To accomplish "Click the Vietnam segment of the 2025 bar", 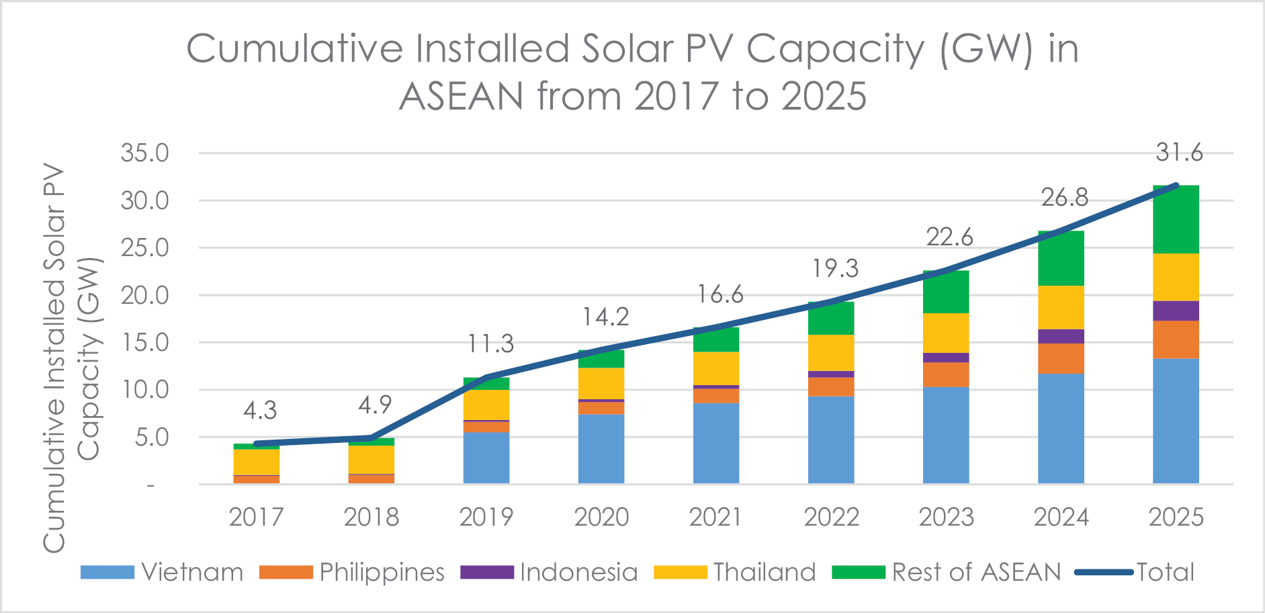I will [1176, 421].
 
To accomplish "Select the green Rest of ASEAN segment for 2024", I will [1061, 258].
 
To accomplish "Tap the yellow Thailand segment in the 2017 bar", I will [256, 462].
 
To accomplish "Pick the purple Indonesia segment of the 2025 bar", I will [1176, 311].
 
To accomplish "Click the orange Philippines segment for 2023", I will [946, 374].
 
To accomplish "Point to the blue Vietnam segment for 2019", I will [486, 458].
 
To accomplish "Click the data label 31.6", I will [1179, 153].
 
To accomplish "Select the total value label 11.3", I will [490, 343].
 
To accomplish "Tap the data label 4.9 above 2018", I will [374, 405].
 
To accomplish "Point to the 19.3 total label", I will [835, 268].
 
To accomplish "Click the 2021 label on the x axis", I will [716, 517].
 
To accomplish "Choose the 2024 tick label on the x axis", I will [1061, 517].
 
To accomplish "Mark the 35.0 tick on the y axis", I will [145, 153].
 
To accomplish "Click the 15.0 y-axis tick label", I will [145, 343].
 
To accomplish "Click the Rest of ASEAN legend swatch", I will [858, 572].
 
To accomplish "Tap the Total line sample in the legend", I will [1104, 572].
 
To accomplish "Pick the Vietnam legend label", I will [192, 572].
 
